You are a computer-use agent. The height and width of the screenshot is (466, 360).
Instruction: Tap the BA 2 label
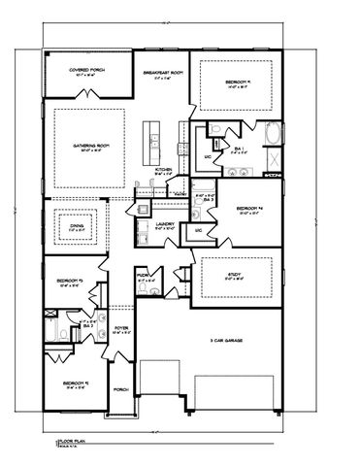point(87,326)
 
